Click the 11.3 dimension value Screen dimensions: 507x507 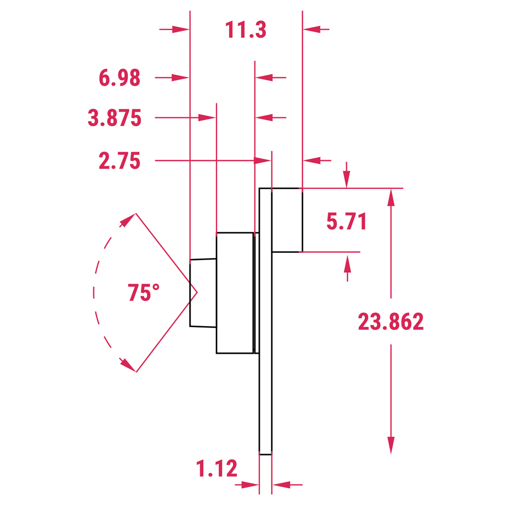(246, 30)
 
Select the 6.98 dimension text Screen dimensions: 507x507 (119, 78)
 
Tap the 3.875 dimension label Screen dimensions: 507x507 (114, 118)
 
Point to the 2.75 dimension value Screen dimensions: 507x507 (119, 161)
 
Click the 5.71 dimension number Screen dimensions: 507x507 (347, 221)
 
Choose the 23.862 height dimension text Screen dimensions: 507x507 (391, 322)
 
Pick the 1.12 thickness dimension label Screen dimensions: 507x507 (217, 469)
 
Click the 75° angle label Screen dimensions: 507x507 (143, 292)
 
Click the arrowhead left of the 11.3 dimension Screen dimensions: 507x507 (181, 30)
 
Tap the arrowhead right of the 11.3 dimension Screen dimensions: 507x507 (311, 30)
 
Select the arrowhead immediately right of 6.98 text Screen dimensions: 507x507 (180, 78)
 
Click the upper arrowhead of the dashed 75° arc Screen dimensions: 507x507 (128, 219)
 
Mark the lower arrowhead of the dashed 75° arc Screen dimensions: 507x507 (128, 365)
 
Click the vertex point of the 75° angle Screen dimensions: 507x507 (197, 292)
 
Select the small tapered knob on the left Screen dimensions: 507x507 (203, 293)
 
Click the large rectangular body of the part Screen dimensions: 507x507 (234, 293)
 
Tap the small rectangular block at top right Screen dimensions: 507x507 (287, 220)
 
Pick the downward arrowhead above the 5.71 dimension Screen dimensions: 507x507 (346, 179)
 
